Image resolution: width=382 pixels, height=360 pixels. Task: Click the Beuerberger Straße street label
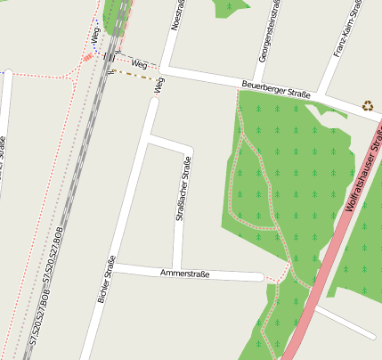click(277, 89)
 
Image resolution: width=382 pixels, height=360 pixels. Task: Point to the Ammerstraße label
click(185, 274)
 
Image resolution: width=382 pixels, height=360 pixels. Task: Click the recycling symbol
click(368, 105)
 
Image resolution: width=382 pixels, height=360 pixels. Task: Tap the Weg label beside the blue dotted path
click(94, 35)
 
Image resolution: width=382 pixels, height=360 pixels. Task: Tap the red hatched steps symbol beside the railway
click(87, 58)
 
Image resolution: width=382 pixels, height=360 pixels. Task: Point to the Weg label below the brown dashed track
click(160, 86)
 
